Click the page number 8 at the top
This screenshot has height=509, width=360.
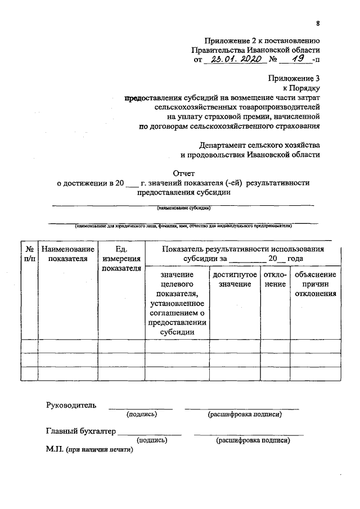click(x=318, y=23)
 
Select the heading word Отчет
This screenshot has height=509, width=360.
click(x=183, y=173)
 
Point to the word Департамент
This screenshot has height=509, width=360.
click(x=231, y=144)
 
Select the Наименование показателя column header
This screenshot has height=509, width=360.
click(x=67, y=254)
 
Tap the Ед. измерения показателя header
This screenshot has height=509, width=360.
click(x=121, y=258)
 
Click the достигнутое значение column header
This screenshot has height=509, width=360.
click(x=235, y=280)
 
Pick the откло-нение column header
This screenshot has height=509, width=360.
click(x=276, y=280)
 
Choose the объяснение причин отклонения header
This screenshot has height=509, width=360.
click(x=315, y=284)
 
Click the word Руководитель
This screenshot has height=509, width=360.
click(x=71, y=405)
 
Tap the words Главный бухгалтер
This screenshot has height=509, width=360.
click(x=80, y=432)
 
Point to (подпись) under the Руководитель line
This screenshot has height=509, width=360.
click(x=142, y=415)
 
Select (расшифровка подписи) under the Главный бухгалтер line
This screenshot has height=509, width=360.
click(x=253, y=441)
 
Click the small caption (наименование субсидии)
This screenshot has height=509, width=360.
click(x=184, y=208)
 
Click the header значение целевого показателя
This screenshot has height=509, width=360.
click(x=177, y=303)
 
